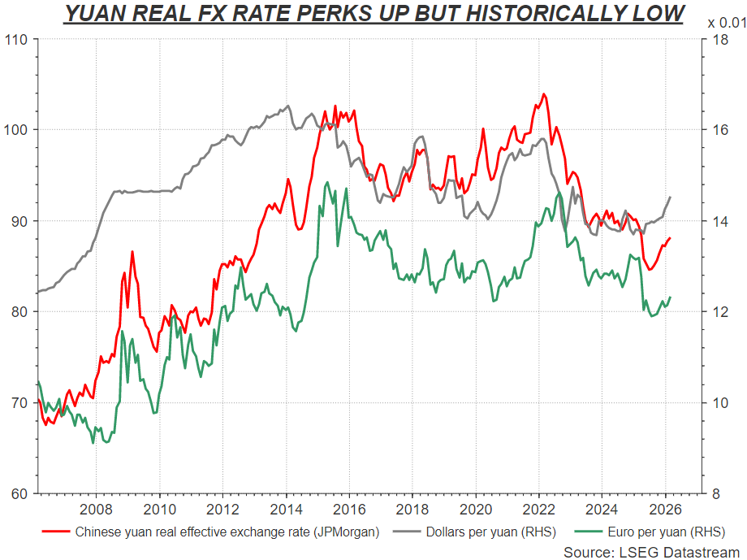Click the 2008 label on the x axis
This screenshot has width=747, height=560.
click(x=96, y=510)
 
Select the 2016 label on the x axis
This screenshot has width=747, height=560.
click(x=349, y=510)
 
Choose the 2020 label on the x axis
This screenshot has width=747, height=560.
click(x=476, y=510)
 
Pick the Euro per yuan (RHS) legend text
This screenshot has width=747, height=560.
click(x=664, y=533)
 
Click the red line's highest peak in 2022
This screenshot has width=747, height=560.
click(x=543, y=94)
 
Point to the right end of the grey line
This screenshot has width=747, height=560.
click(x=671, y=197)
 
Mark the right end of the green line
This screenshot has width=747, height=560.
click(x=671, y=297)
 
